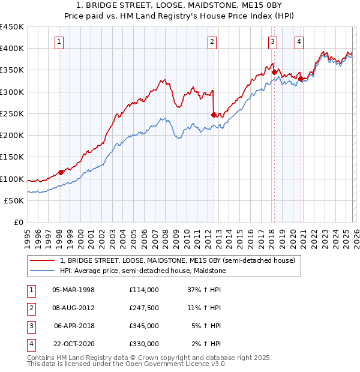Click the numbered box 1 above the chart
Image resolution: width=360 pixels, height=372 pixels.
click(60, 41)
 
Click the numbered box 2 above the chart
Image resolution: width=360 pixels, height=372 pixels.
click(212, 41)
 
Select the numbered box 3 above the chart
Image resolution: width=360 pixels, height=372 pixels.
click(272, 41)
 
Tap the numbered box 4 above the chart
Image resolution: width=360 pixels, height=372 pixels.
click(299, 41)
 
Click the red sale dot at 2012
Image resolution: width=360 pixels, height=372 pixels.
click(213, 114)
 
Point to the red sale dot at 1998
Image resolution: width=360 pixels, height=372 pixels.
click(61, 172)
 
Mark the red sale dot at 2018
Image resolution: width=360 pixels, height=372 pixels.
click(274, 72)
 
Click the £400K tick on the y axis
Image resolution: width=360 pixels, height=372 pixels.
click(12, 49)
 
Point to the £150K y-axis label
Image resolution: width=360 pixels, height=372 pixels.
click(12, 157)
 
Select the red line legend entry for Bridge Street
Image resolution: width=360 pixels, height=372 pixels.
click(177, 261)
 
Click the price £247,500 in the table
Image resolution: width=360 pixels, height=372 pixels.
click(143, 308)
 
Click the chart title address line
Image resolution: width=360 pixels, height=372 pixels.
click(180, 6)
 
